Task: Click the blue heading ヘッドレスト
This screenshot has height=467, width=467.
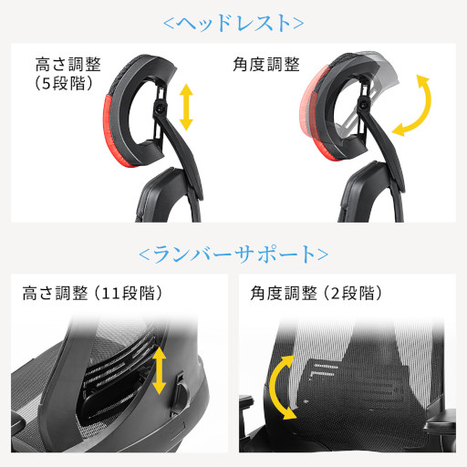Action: coord(233,23)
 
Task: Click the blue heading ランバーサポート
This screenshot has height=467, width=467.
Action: coord(233,254)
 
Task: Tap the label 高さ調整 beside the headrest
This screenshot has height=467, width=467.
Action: coord(67,64)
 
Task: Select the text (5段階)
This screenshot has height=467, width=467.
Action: coord(64,83)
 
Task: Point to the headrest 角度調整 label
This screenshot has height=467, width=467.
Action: coord(266,64)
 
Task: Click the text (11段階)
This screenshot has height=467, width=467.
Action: coord(128,293)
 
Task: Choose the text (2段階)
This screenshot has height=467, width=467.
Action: coord(352,293)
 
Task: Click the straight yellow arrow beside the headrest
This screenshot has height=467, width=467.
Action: coord(186,108)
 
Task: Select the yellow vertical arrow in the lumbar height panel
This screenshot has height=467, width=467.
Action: coord(159,371)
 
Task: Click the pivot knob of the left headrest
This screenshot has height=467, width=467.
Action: coord(160,108)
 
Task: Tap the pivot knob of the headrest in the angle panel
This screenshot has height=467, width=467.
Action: coord(364,105)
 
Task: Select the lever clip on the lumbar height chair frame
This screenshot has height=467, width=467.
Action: coord(181,393)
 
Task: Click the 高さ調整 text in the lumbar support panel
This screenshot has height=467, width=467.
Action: coord(55,293)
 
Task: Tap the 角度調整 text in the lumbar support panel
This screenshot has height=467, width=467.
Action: coord(284,293)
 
